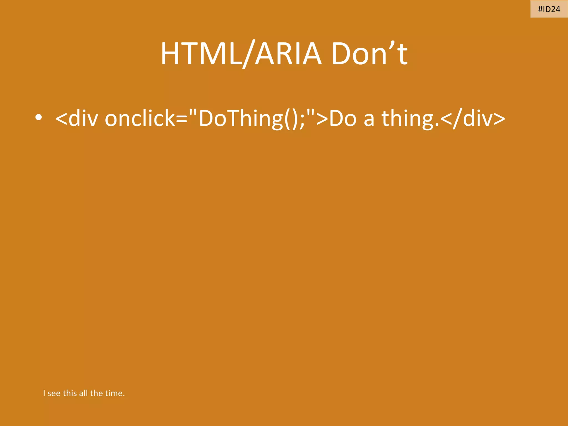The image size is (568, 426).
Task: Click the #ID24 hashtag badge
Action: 549,9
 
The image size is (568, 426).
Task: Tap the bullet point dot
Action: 39,118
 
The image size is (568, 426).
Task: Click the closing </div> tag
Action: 473,118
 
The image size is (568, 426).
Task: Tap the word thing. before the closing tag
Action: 410,118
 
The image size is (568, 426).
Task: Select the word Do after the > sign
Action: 343,118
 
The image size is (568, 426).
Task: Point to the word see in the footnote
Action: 54,393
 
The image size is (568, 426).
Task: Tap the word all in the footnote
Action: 83,393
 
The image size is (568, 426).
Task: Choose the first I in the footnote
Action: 44,393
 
